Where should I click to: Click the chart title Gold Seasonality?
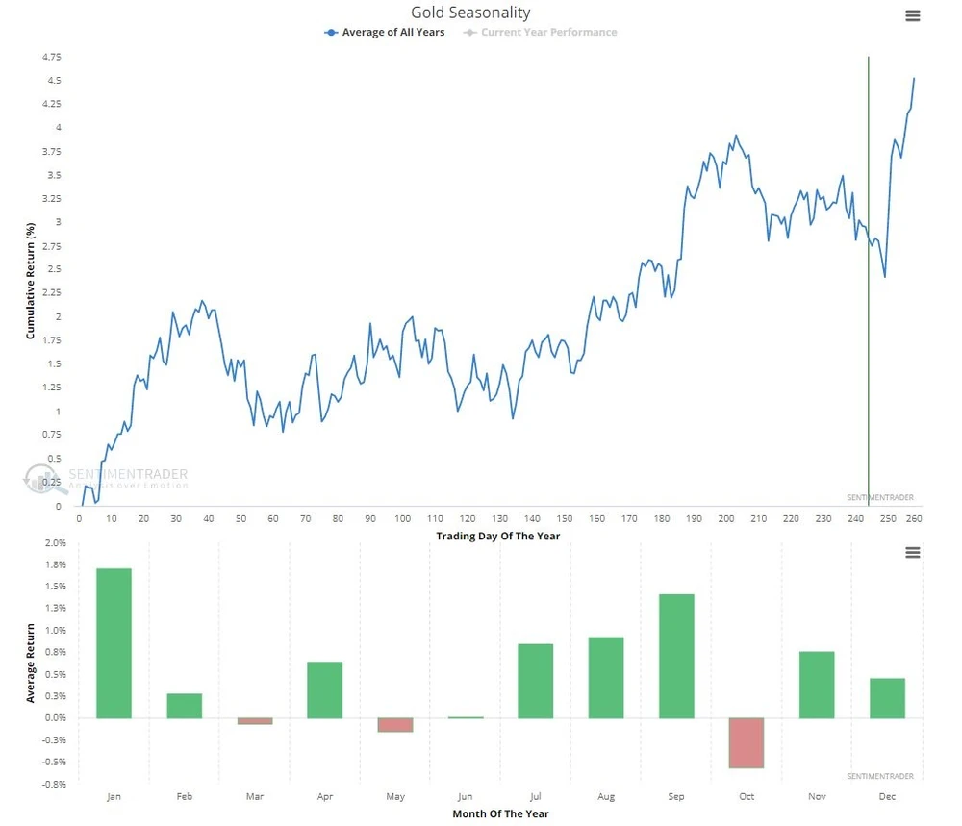470,13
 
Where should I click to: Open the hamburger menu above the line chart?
913,15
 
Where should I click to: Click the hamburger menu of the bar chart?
913,552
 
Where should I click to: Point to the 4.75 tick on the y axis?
51,57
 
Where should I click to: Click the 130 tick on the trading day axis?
499,519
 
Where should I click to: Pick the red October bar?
747,742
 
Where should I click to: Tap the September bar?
676,656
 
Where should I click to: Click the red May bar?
394,725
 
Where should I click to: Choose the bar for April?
324,689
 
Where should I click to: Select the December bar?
887,698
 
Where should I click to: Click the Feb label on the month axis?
184,797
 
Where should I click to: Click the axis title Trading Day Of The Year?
497,536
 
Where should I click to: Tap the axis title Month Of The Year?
500,813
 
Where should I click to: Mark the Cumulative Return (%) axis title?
30,281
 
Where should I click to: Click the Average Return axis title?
30,663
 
